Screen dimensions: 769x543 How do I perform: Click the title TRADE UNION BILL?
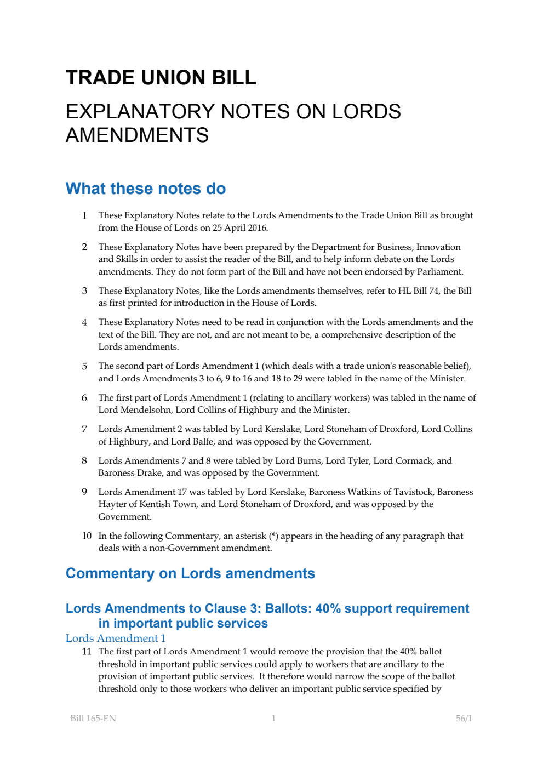[x=161, y=78]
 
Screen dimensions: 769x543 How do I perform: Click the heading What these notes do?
[x=146, y=189]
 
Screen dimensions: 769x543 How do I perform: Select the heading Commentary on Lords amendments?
[x=190, y=573]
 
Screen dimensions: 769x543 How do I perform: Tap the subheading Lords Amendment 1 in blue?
[x=116, y=638]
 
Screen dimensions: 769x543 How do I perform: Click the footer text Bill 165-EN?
[x=93, y=718]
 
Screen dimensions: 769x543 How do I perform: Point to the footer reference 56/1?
[x=464, y=718]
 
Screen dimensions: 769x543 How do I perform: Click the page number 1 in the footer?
[x=273, y=718]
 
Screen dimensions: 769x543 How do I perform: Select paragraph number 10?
[x=87, y=536]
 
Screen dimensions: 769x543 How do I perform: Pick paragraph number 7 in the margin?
[x=84, y=429]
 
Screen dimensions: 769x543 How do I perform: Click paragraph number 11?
[x=87, y=651]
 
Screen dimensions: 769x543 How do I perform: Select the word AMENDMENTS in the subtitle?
[x=137, y=135]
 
